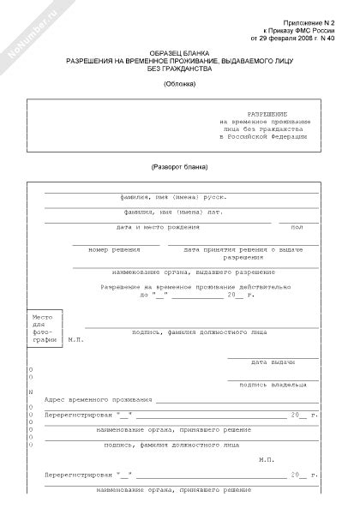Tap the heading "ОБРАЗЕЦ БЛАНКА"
pyautogui.click(x=179, y=53)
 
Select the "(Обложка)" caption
pyautogui.click(x=179, y=84)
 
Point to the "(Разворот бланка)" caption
pyautogui.click(x=179, y=166)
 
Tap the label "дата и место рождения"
pyautogui.click(x=158, y=228)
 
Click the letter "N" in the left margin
pyautogui.click(x=32, y=391)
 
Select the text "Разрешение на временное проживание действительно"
pyautogui.click(x=189, y=287)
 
